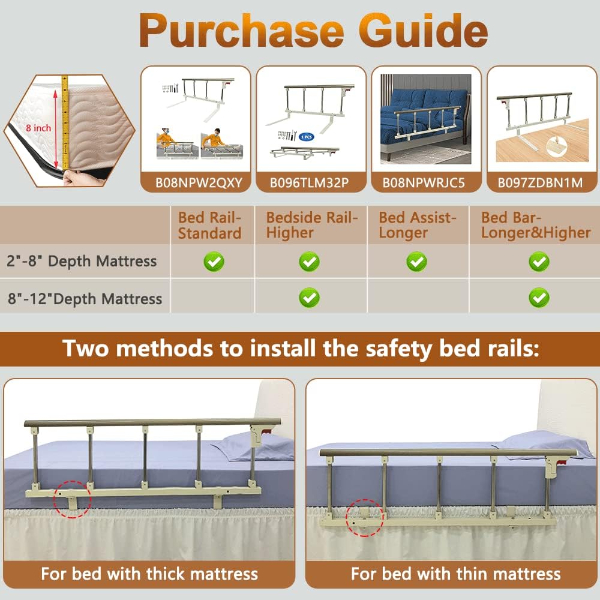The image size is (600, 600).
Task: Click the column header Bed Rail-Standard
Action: point(209,225)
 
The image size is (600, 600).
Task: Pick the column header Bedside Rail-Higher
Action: point(312,225)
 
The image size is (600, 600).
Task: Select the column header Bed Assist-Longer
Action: point(418,225)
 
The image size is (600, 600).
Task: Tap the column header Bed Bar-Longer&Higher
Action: point(536,225)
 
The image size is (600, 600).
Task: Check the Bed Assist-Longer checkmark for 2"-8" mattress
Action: point(416,262)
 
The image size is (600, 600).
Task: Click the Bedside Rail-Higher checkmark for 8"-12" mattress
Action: point(309,297)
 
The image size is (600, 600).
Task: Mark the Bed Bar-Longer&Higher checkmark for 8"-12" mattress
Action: point(539,297)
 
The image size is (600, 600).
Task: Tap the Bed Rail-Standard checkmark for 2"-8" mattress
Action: point(214,262)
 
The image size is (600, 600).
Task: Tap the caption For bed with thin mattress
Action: point(455,574)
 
